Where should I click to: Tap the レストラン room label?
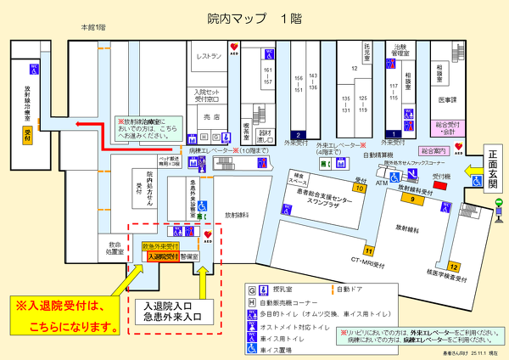pos(209,56)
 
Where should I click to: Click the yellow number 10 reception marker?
pos(360,188)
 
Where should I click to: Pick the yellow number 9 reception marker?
pos(413,199)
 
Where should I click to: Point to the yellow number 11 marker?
pos(368,250)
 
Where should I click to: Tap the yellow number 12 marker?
pos(454,267)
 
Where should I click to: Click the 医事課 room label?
pos(448,99)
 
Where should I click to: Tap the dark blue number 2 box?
pos(298,134)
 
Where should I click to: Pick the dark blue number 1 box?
pos(392,133)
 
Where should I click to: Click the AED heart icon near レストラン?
pos(246,48)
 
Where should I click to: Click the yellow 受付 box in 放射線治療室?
pos(28,136)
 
